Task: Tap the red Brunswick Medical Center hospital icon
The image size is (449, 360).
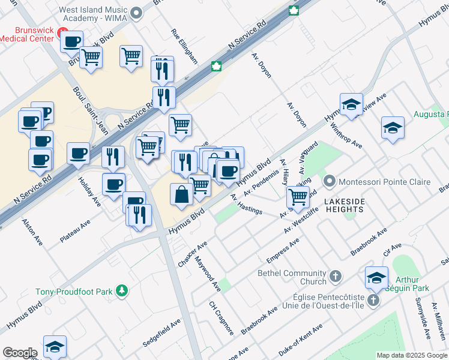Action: tap(61, 30)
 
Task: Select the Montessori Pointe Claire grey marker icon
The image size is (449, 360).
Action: tap(328, 181)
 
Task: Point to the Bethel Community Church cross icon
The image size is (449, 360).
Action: tap(336, 277)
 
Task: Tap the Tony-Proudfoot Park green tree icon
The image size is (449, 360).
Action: tap(122, 291)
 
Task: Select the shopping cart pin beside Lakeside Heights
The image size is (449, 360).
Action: tap(298, 196)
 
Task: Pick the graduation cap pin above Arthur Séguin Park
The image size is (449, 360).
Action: tap(376, 277)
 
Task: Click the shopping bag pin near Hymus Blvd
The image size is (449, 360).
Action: tap(181, 194)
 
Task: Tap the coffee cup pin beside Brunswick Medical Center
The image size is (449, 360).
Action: tap(72, 41)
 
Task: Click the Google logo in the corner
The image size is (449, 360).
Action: tap(19, 353)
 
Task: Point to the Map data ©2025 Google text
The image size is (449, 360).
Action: tap(412, 355)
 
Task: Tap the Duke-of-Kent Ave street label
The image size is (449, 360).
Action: tap(300, 337)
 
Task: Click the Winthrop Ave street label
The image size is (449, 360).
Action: tap(346, 136)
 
